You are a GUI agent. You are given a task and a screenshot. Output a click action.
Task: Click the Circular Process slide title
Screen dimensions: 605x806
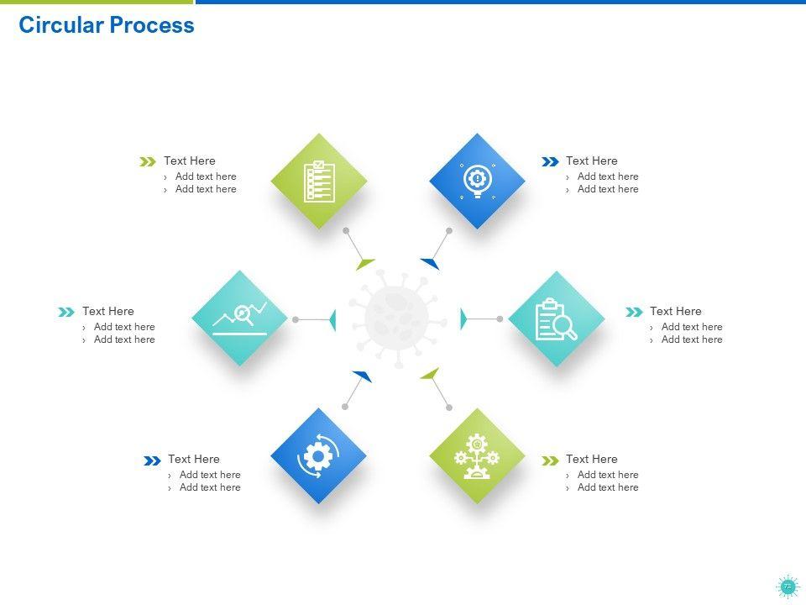(107, 25)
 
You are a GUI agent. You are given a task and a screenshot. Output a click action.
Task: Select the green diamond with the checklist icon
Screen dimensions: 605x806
(319, 181)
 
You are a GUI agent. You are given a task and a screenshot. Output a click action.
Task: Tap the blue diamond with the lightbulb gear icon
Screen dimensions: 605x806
(477, 181)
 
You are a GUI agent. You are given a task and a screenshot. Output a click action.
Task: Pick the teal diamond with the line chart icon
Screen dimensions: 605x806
(240, 318)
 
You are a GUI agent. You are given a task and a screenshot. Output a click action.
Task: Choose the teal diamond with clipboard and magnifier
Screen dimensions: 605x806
(556, 318)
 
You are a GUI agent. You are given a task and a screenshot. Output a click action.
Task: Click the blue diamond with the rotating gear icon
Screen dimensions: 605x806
(318, 456)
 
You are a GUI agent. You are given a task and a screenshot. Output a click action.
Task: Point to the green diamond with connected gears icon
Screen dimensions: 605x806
(477, 456)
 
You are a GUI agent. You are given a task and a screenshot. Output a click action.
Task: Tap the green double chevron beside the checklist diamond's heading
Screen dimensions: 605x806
(148, 161)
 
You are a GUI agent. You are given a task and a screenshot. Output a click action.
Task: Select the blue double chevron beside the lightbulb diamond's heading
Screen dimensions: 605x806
(550, 161)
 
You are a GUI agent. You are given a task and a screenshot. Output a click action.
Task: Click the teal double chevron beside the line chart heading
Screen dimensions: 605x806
(66, 312)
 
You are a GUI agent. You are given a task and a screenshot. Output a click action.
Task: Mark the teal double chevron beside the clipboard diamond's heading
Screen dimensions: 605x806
(634, 312)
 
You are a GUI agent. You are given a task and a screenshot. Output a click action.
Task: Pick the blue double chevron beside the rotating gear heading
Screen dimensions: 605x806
(152, 460)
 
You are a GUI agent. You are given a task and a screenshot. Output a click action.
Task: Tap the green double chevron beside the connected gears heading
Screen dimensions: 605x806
(550, 460)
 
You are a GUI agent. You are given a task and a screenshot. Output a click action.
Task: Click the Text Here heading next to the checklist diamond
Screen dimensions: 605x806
(190, 160)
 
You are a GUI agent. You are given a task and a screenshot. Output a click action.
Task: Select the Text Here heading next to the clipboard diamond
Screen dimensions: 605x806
(675, 311)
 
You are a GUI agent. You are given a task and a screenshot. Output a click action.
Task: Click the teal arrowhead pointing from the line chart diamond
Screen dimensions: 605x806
(332, 319)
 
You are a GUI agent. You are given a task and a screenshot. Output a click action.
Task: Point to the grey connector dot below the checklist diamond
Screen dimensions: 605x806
(346, 230)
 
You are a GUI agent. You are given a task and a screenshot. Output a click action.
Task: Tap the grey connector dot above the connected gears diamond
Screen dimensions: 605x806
(449, 408)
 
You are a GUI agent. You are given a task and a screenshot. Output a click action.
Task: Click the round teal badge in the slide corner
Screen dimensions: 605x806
(787, 587)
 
